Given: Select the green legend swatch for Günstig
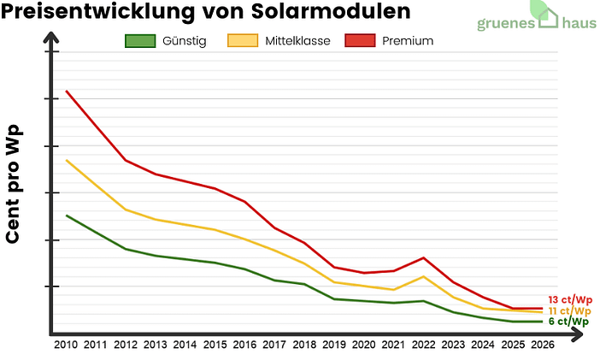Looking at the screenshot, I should (140, 41).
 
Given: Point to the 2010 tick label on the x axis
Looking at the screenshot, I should (66, 345).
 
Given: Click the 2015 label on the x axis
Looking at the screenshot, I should (215, 345).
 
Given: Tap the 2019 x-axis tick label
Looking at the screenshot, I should (333, 345).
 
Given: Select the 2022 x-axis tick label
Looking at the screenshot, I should (423, 345).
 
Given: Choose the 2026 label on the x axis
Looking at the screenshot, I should (542, 345).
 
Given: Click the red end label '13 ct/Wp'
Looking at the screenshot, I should (570, 299).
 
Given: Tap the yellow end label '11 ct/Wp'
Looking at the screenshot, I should (570, 310).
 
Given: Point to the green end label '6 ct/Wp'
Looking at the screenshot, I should (568, 322).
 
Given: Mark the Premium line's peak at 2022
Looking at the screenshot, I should (423, 257).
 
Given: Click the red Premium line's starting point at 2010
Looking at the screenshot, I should (67, 91).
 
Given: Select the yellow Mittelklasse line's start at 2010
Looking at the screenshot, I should (67, 160).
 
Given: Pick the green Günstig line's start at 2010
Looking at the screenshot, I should (67, 215).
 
